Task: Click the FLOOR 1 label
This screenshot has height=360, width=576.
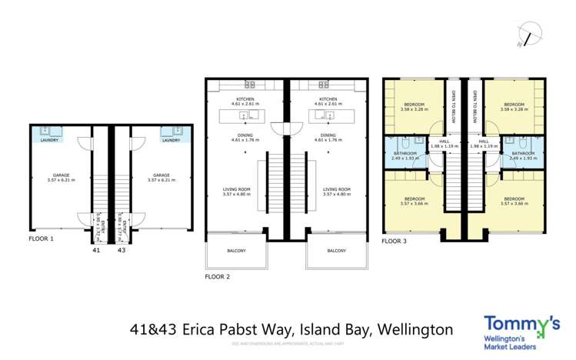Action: [x=42, y=239]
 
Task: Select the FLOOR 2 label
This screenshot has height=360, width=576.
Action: [x=218, y=275]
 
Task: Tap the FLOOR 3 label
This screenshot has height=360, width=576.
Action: [x=395, y=240]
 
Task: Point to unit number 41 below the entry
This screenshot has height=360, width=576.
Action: [x=96, y=250]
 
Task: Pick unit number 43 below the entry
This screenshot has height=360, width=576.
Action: [x=121, y=250]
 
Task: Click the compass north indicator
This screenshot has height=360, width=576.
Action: [x=529, y=32]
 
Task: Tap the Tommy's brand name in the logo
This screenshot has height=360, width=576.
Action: [x=516, y=324]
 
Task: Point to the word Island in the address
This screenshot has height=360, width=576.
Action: [x=316, y=329]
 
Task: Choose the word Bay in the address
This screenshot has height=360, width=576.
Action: [x=357, y=329]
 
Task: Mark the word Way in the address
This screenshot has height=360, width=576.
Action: [x=278, y=329]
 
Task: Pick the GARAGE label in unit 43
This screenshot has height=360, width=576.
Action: [x=161, y=175]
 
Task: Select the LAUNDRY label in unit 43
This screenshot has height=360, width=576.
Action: [x=171, y=141]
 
